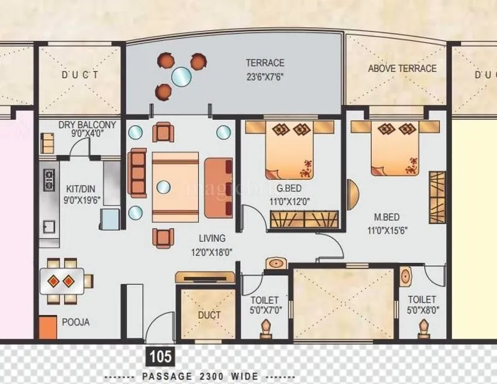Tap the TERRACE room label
[265, 63]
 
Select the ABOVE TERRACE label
[402, 68]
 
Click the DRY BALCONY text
[80, 125]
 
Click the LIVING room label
[212, 238]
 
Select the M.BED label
[386, 217]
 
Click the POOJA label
[75, 322]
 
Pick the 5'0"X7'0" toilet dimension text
[265, 309]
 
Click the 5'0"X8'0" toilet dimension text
[422, 309]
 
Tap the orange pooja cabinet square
[48, 327]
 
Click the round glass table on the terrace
[181, 76]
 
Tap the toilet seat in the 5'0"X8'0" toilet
[424, 327]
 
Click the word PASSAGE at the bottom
[164, 377]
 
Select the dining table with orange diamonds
[61, 281]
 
